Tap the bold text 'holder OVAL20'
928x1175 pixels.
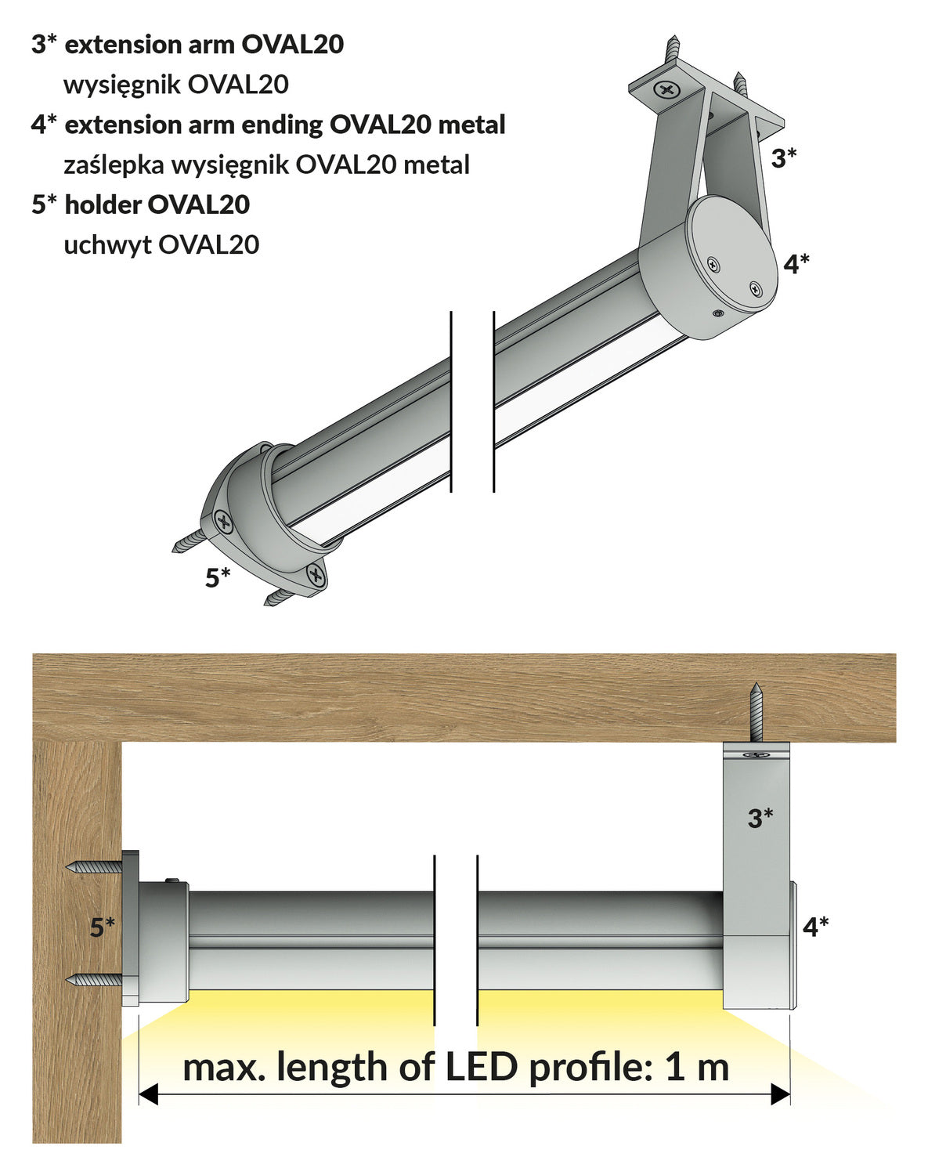coord(157,204)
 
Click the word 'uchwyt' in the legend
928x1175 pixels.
coord(107,245)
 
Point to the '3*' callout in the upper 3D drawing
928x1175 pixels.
coord(784,158)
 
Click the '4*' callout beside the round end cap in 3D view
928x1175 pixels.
coord(796,264)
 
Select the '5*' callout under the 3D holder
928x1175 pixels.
coord(218,577)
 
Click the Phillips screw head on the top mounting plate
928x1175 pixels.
coord(667,90)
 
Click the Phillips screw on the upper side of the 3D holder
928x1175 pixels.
coord(224,521)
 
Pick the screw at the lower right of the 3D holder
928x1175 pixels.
coord(316,577)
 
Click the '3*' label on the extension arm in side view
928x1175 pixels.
coord(760,819)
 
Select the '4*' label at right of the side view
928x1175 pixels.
coord(816,927)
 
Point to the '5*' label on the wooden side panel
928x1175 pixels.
coord(103,927)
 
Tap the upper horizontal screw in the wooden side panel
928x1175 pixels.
coord(94,867)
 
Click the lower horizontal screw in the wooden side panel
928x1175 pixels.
coord(94,980)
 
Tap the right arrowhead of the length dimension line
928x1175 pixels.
coord(780,1094)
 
